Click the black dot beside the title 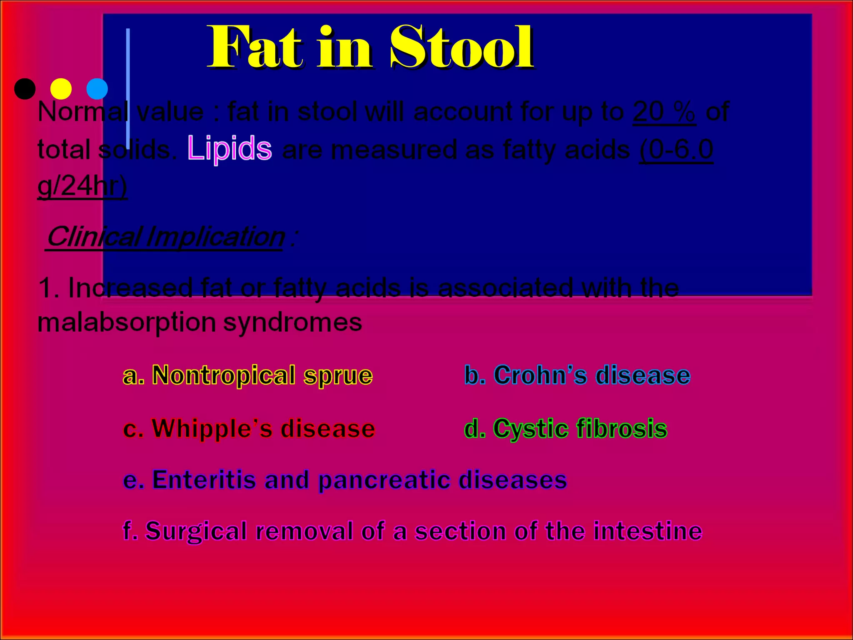coord(25,89)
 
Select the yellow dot coord(61,89)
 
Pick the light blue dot coord(97,89)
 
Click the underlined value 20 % coord(664,112)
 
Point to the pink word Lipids coord(229,148)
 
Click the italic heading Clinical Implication coord(165,237)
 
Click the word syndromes coord(292,322)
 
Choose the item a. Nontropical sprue coord(248,375)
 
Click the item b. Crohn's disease coord(577,375)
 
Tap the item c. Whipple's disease coord(249,428)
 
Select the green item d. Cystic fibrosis coord(566,428)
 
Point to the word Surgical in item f coord(196,531)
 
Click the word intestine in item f coord(648,531)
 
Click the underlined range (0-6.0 coord(676,149)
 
